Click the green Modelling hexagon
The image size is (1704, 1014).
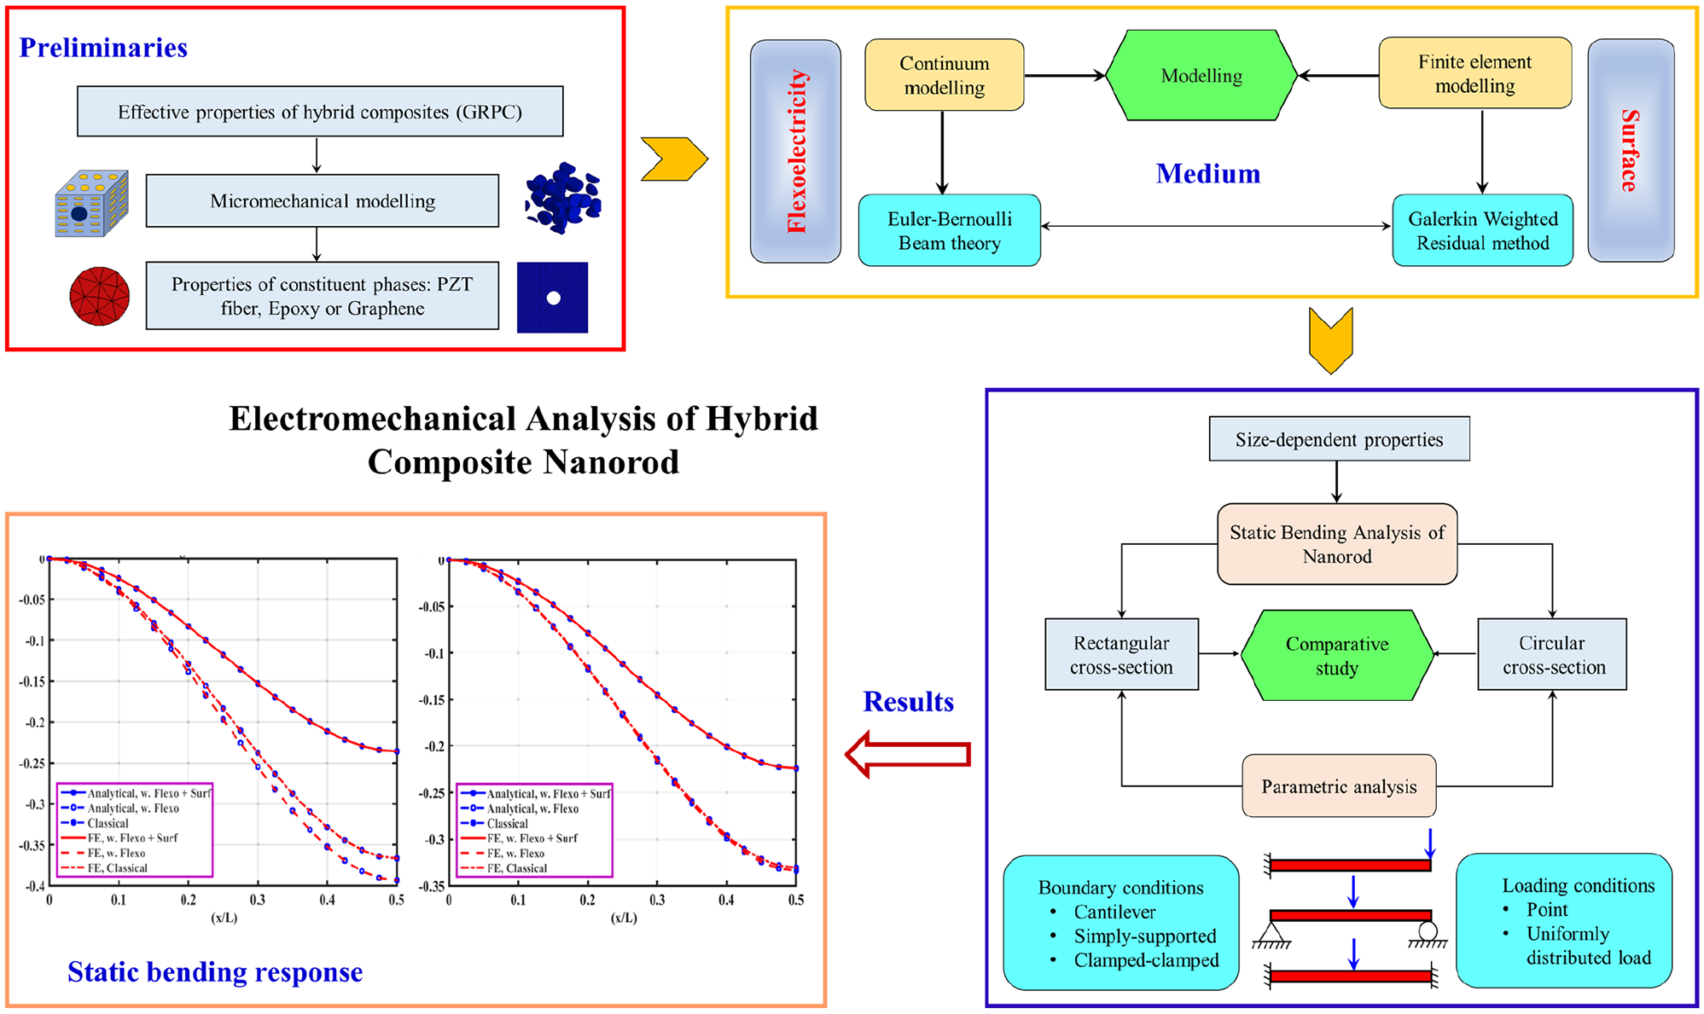coord(1201,75)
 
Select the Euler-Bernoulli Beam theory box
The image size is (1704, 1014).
coord(949,230)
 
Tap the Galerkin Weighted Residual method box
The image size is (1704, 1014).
coord(1482,230)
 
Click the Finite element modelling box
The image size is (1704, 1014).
coord(1474,73)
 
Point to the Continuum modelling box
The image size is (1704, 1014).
coord(944,75)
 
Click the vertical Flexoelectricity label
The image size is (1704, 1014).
coord(796,151)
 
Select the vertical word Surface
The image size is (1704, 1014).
coord(1629,150)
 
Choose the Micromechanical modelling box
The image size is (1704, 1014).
coord(322,201)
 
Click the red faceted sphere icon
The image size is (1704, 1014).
coord(100,296)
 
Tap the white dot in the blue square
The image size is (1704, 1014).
coord(553,298)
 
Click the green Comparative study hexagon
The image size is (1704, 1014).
coord(1336,655)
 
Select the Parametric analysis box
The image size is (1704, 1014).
coord(1338,785)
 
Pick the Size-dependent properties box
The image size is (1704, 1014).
coord(1339,439)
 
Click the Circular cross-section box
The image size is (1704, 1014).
coord(1552,654)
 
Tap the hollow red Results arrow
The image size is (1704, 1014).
coord(907,754)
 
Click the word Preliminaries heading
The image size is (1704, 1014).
coord(103,48)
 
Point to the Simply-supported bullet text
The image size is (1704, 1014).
coord(1145,936)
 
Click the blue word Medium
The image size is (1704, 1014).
coord(1207,174)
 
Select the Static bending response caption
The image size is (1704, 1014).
coord(215,972)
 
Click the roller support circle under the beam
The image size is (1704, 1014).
coord(1428,931)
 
